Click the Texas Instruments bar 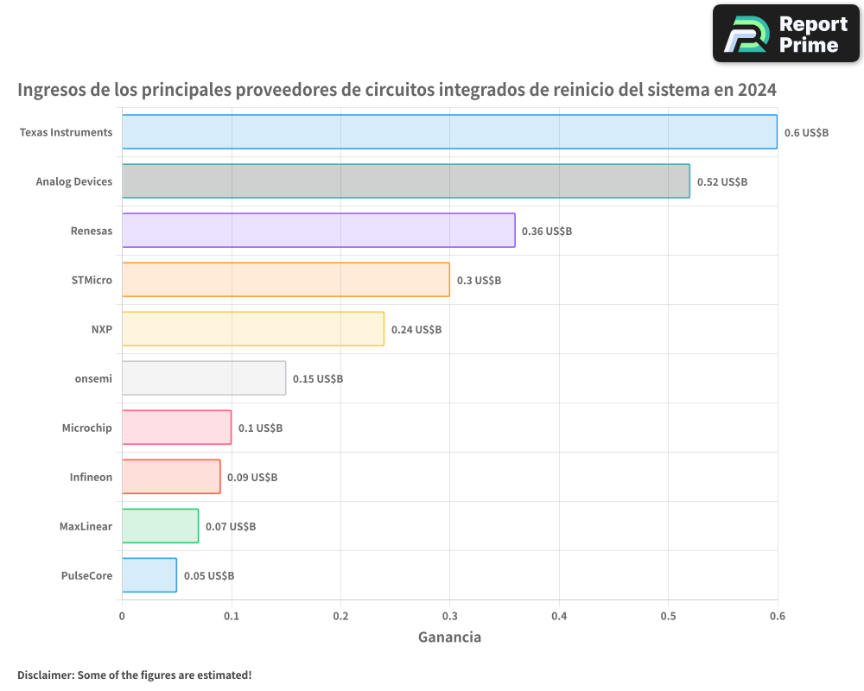(449, 132)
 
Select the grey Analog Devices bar (405, 181)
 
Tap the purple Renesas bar (318, 231)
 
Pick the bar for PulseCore (149, 575)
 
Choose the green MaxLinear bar (160, 526)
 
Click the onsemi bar (204, 378)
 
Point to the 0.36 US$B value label (546, 231)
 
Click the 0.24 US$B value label (416, 330)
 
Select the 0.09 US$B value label (252, 478)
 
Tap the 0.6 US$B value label (806, 133)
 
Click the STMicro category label (92, 280)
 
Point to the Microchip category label (86, 428)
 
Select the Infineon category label (91, 477)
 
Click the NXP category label (101, 329)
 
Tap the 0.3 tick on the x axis (449, 616)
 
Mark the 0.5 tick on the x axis (668, 616)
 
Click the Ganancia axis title (449, 637)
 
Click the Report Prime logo (785, 34)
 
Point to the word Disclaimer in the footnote (45, 675)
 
